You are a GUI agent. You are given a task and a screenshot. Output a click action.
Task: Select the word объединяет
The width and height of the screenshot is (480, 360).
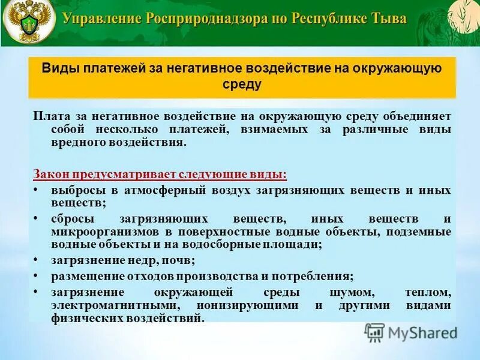pos(423,116)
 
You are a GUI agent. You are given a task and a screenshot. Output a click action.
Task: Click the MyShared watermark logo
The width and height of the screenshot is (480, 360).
pos(411,332)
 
